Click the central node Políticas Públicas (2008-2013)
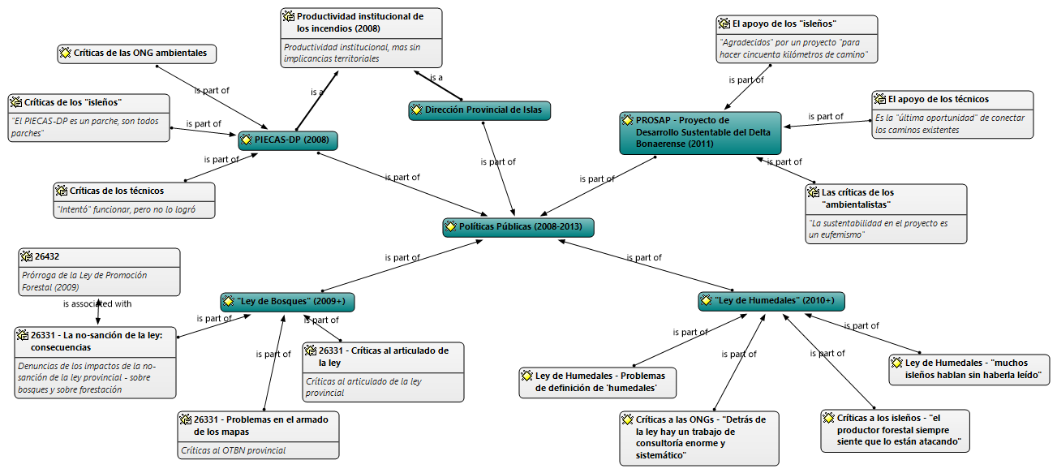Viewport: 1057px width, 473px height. [518, 226]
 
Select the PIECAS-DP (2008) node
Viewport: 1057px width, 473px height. [288, 140]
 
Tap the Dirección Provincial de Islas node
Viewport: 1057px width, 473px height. [479, 110]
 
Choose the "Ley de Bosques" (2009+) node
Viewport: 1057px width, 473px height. [288, 302]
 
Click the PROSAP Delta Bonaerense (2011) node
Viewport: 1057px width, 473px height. [700, 132]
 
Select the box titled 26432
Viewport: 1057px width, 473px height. [98, 272]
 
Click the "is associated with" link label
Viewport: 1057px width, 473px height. [97, 304]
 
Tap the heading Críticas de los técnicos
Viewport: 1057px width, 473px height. [117, 191]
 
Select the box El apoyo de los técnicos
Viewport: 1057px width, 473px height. [952, 114]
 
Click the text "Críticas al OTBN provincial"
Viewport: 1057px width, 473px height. [234, 450]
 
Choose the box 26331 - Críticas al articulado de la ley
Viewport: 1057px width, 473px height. [383, 372]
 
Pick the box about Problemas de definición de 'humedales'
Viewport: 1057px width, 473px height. [598, 382]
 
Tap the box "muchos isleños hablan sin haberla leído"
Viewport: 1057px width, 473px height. [969, 369]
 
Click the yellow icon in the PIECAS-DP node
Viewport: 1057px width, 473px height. [247, 140]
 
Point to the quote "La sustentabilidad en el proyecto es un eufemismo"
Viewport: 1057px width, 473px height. [886, 228]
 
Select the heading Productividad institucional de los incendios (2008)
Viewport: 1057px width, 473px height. [360, 22]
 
